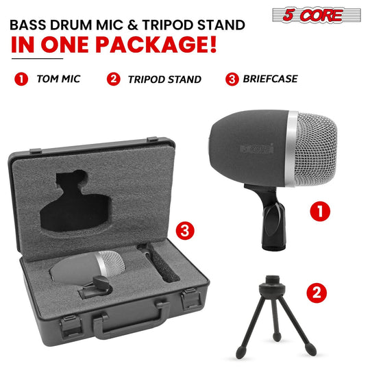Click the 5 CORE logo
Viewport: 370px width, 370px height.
point(317,15)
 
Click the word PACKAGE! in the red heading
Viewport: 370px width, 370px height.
point(156,45)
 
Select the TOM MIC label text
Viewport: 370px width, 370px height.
point(58,79)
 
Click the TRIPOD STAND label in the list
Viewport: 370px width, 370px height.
point(164,79)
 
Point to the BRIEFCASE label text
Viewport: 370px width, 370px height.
point(271,79)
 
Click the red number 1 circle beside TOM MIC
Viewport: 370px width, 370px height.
point(21,79)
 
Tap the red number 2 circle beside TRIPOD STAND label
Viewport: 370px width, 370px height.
point(114,79)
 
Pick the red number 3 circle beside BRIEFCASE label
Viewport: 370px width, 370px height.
point(232,79)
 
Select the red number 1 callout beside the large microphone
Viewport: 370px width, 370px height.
point(320,211)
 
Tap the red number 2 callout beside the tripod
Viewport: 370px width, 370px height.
point(317,293)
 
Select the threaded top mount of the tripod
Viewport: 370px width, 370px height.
point(272,280)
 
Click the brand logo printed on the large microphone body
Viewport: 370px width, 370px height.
point(257,149)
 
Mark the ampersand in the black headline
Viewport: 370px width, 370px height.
point(133,25)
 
